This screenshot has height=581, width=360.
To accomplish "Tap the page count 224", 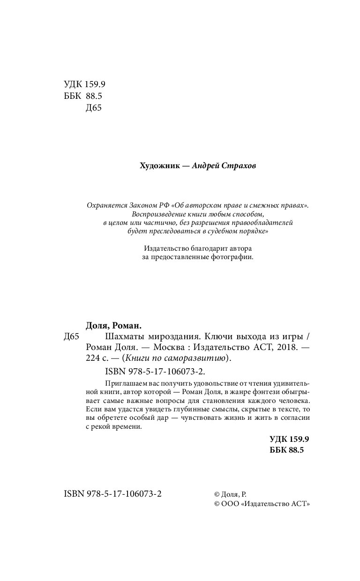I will [94, 358].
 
